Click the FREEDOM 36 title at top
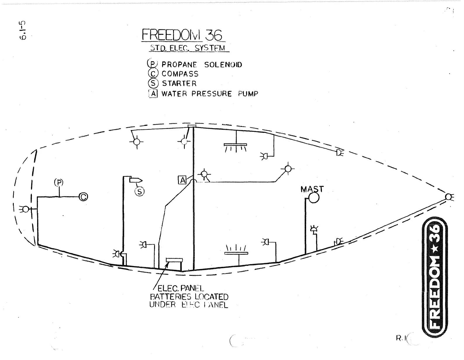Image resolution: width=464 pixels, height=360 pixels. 182,35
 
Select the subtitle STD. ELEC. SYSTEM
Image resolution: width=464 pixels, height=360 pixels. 188,48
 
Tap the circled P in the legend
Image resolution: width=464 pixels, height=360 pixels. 153,64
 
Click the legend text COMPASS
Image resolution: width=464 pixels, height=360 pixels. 180,74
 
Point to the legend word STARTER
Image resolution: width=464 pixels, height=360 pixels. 179,84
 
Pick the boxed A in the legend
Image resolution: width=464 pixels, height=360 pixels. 153,94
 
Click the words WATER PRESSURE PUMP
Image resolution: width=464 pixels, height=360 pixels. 210,94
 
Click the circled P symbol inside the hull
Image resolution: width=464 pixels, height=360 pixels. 59,183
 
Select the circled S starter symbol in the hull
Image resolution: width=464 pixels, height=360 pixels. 139,191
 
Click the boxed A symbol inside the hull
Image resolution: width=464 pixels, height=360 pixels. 182,180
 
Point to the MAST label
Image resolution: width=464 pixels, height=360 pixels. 312,189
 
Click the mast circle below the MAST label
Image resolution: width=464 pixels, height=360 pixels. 314,198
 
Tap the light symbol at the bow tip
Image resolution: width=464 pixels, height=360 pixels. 449,197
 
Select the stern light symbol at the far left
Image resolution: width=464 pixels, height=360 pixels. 26,209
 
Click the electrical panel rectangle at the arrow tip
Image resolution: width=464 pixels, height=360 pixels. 174,260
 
